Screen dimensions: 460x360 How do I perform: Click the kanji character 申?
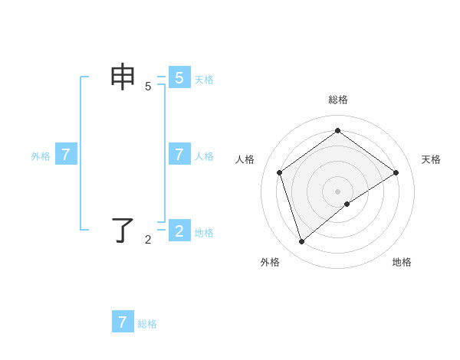pos(123,77)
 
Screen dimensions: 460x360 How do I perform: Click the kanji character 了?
pos(123,229)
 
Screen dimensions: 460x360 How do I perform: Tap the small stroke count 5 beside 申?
pos(148,87)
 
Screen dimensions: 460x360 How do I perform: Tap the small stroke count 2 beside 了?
pos(148,240)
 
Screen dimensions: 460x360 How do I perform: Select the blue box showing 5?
pos(179,77)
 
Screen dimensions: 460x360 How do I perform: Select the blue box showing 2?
pos(179,230)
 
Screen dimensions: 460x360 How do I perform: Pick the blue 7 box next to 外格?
pos(66,154)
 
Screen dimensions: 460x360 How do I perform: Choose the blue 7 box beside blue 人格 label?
pos(179,154)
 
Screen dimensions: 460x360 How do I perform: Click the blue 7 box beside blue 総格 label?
pos(123,322)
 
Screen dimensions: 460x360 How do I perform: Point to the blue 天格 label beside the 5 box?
pos(204,79)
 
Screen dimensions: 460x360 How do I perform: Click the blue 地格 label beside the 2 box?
pos(204,232)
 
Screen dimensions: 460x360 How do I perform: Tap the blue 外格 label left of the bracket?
pos(41,156)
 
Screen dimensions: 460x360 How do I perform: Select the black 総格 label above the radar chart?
pos(337,100)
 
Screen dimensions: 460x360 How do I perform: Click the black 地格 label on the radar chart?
pos(402,262)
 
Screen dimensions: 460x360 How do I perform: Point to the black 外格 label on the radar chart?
pos(270,262)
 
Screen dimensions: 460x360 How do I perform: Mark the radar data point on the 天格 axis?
pos(396,172)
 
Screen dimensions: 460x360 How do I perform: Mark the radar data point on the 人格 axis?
pos(280,172)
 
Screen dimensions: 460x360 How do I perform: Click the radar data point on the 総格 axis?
pos(337,131)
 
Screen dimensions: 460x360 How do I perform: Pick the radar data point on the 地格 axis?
pos(347,204)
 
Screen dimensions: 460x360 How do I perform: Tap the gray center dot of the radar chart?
pos(337,191)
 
